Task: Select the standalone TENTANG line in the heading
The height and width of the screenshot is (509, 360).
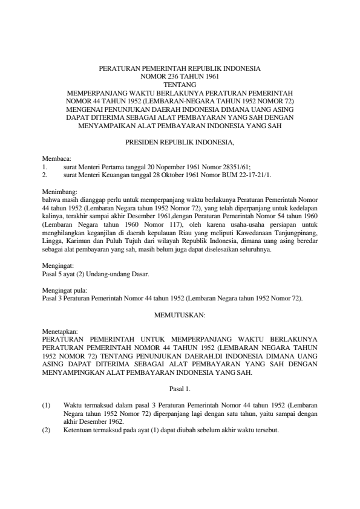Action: coord(180,85)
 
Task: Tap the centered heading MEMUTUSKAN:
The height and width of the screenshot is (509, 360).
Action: coord(180,315)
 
